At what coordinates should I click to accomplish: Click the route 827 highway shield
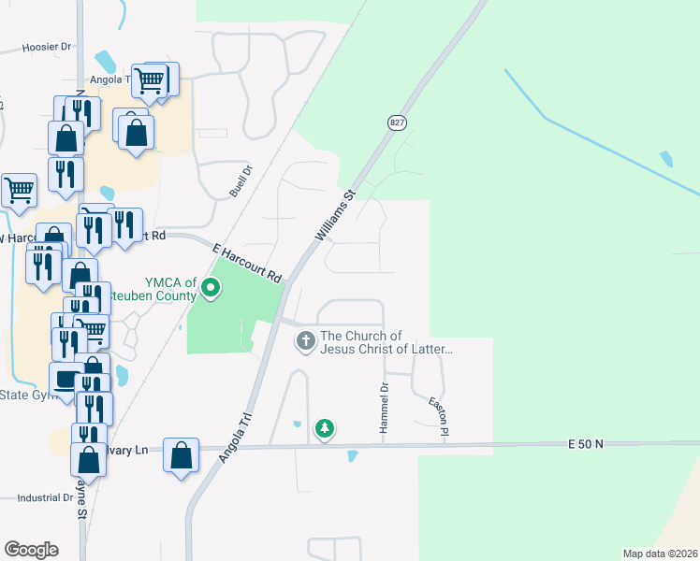[x=398, y=122]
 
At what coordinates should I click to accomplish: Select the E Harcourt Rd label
[x=247, y=264]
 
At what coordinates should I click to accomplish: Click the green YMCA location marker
[x=211, y=290]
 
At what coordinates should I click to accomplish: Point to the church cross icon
[x=305, y=341]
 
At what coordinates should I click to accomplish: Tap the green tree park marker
[x=324, y=429]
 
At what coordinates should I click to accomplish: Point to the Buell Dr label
[x=241, y=181]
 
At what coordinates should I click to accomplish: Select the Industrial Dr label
[x=44, y=497]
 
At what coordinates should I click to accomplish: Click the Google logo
[x=31, y=550]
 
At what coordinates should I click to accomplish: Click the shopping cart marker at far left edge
[x=19, y=190]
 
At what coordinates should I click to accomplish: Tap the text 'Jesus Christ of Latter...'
[x=386, y=350]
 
